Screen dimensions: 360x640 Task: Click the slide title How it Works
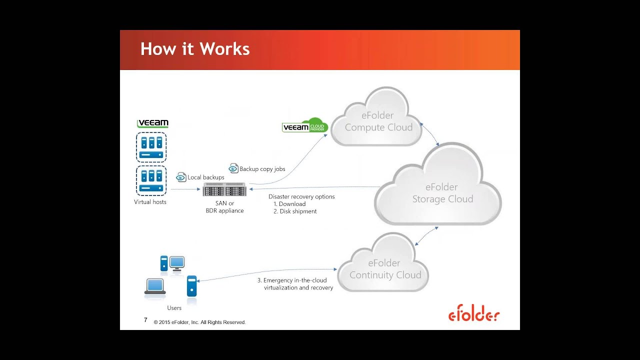click(195, 49)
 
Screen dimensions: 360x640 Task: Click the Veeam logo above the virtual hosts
click(152, 123)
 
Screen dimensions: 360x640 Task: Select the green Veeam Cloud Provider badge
click(304, 127)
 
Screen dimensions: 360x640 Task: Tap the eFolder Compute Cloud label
click(378, 121)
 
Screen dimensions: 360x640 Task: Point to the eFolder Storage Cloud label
click(442, 193)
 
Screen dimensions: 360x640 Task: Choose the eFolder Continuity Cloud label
click(385, 269)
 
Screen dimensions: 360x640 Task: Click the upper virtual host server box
click(151, 147)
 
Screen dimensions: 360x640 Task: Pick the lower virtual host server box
click(151, 180)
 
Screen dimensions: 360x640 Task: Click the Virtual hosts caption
click(150, 202)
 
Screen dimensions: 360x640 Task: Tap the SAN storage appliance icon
click(224, 190)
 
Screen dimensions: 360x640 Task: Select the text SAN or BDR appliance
click(224, 207)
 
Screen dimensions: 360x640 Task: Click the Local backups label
click(205, 177)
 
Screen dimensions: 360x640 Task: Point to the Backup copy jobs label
click(262, 169)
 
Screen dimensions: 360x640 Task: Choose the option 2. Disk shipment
click(295, 211)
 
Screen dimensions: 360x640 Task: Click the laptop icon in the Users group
click(155, 287)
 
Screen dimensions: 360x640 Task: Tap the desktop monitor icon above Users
click(177, 263)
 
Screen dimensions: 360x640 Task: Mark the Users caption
click(174, 308)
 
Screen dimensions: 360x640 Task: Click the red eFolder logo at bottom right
click(473, 315)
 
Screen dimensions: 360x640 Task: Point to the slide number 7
click(145, 320)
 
